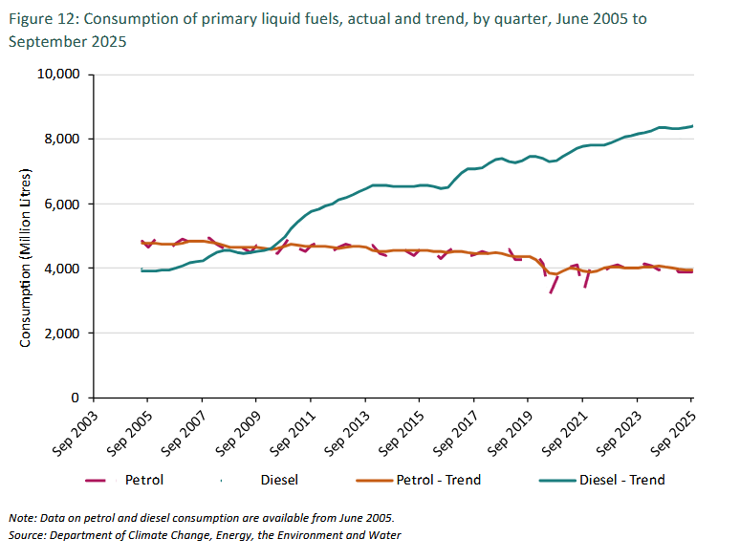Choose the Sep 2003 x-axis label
(x=74, y=429)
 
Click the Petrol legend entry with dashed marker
(x=128, y=480)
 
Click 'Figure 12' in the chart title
(x=35, y=18)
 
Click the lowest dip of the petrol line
(x=551, y=292)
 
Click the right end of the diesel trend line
(x=692, y=126)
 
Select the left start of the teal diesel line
(x=141, y=270)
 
